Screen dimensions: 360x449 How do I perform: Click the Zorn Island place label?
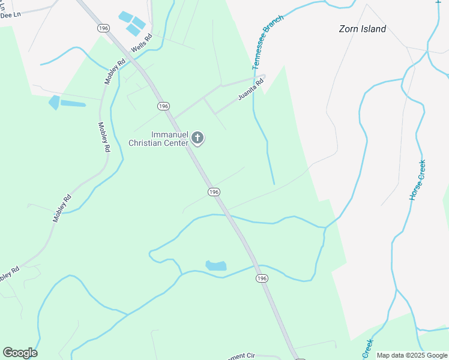(362, 29)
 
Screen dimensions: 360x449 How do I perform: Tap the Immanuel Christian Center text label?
(158, 139)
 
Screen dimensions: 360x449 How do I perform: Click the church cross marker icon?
(197, 139)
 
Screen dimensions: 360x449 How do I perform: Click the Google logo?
(20, 353)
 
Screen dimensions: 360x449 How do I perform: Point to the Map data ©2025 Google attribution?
(412, 355)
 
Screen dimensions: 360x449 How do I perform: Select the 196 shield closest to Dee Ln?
(103, 28)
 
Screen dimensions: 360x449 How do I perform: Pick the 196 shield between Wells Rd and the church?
(163, 106)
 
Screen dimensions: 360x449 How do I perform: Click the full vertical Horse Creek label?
(417, 180)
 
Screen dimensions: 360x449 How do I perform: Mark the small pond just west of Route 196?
(216, 265)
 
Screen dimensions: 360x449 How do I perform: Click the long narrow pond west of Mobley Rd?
(73, 103)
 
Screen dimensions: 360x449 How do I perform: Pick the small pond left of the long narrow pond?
(55, 102)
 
